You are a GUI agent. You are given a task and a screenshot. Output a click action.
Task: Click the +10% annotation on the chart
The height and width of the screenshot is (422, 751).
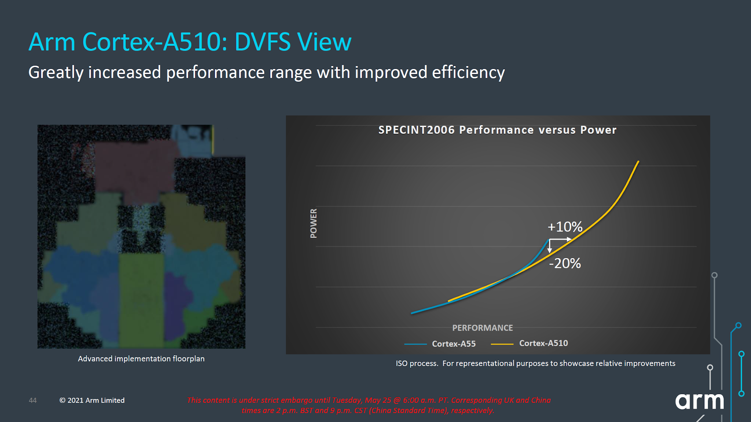565,227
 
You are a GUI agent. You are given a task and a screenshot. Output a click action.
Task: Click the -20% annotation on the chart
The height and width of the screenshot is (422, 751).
565,263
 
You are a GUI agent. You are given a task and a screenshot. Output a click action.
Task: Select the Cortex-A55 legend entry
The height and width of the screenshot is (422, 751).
453,344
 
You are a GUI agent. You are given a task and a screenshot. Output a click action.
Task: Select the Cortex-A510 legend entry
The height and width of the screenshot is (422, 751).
543,343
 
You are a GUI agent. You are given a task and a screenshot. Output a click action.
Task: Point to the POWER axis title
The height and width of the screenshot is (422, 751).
314,223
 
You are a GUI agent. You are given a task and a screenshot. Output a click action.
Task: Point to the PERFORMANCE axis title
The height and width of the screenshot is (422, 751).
482,328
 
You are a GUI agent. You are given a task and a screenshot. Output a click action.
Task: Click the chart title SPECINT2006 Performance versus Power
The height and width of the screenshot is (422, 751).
497,130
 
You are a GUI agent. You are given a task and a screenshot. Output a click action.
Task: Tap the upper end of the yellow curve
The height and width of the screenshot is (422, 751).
638,162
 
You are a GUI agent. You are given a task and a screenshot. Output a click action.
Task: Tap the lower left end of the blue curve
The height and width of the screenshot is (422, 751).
413,313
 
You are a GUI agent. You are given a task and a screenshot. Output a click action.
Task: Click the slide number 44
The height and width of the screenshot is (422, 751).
33,400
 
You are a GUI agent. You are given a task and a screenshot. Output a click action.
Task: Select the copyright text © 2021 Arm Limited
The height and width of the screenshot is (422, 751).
92,400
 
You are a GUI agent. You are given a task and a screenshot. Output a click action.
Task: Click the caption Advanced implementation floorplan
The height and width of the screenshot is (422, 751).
141,359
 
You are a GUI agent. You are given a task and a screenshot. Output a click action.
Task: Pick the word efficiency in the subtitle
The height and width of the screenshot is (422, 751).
468,72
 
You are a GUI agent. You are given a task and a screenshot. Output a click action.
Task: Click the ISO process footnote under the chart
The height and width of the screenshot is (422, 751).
535,363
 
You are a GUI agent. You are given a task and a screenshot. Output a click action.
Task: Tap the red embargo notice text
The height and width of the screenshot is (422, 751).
369,405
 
